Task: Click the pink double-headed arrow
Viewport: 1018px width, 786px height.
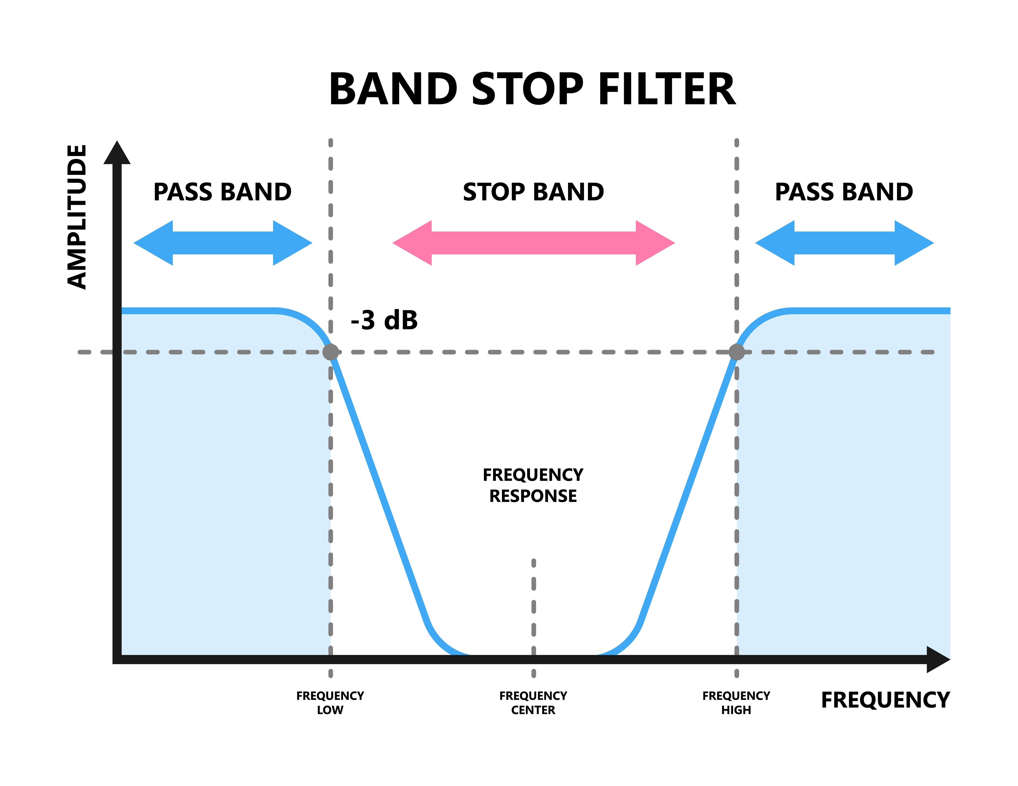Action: (534, 243)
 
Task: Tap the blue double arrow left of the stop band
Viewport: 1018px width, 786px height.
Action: (223, 243)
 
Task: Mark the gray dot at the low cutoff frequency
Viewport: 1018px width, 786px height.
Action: (330, 352)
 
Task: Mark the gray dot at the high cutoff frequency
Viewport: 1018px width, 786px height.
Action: (736, 352)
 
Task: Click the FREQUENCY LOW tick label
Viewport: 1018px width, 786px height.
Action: (330, 703)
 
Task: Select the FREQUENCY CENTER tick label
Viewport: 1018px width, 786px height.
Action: (533, 703)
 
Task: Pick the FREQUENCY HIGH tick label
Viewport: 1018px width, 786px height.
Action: (736, 703)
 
